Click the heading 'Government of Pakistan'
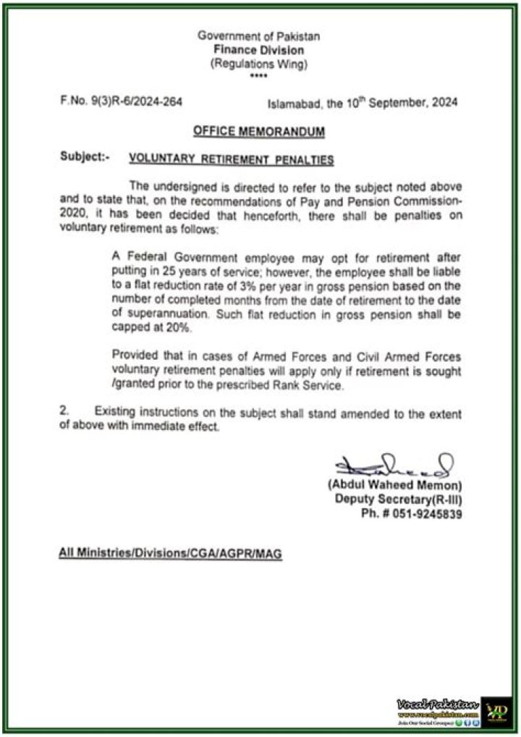pyautogui.click(x=258, y=36)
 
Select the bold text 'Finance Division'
pyautogui.click(x=258, y=50)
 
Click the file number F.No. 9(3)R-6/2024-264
pyautogui.click(x=121, y=102)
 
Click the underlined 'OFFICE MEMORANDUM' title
pyautogui.click(x=258, y=132)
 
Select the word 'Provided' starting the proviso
pyautogui.click(x=135, y=355)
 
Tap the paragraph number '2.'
pyautogui.click(x=64, y=411)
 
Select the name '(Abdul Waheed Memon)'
pyautogui.click(x=394, y=486)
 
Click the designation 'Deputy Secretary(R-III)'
pyautogui.click(x=399, y=500)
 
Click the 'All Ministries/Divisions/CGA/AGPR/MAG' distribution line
pyautogui.click(x=170, y=554)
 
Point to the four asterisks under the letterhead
pyautogui.click(x=258, y=76)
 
